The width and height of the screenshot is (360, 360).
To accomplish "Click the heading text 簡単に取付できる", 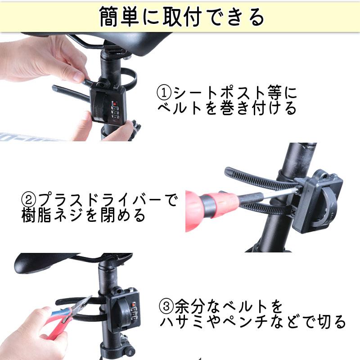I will click(180, 17).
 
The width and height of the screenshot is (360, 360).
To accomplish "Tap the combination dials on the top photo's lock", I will click(115, 111).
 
